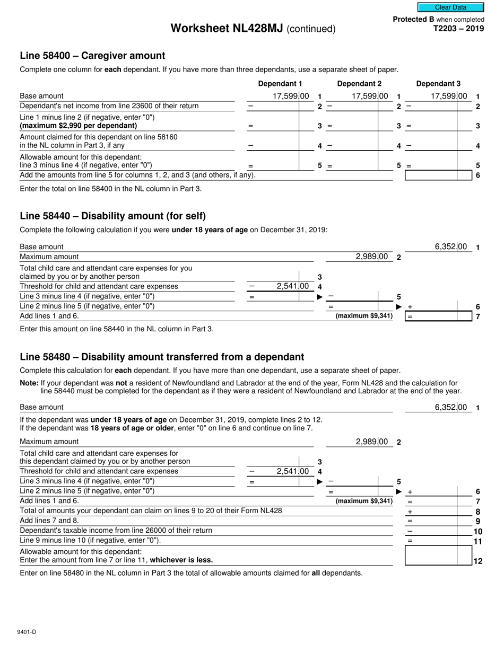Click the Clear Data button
point(450,7)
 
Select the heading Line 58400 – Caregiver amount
point(92,56)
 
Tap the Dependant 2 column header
point(359,83)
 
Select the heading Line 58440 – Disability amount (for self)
point(112,216)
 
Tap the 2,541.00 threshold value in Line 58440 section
point(292,286)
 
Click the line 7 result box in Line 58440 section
point(438,316)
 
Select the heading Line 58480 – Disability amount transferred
point(162,357)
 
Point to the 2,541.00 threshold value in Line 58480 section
point(292,471)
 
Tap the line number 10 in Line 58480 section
point(477,531)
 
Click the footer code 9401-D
point(27,632)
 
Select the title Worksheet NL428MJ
point(227,29)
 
